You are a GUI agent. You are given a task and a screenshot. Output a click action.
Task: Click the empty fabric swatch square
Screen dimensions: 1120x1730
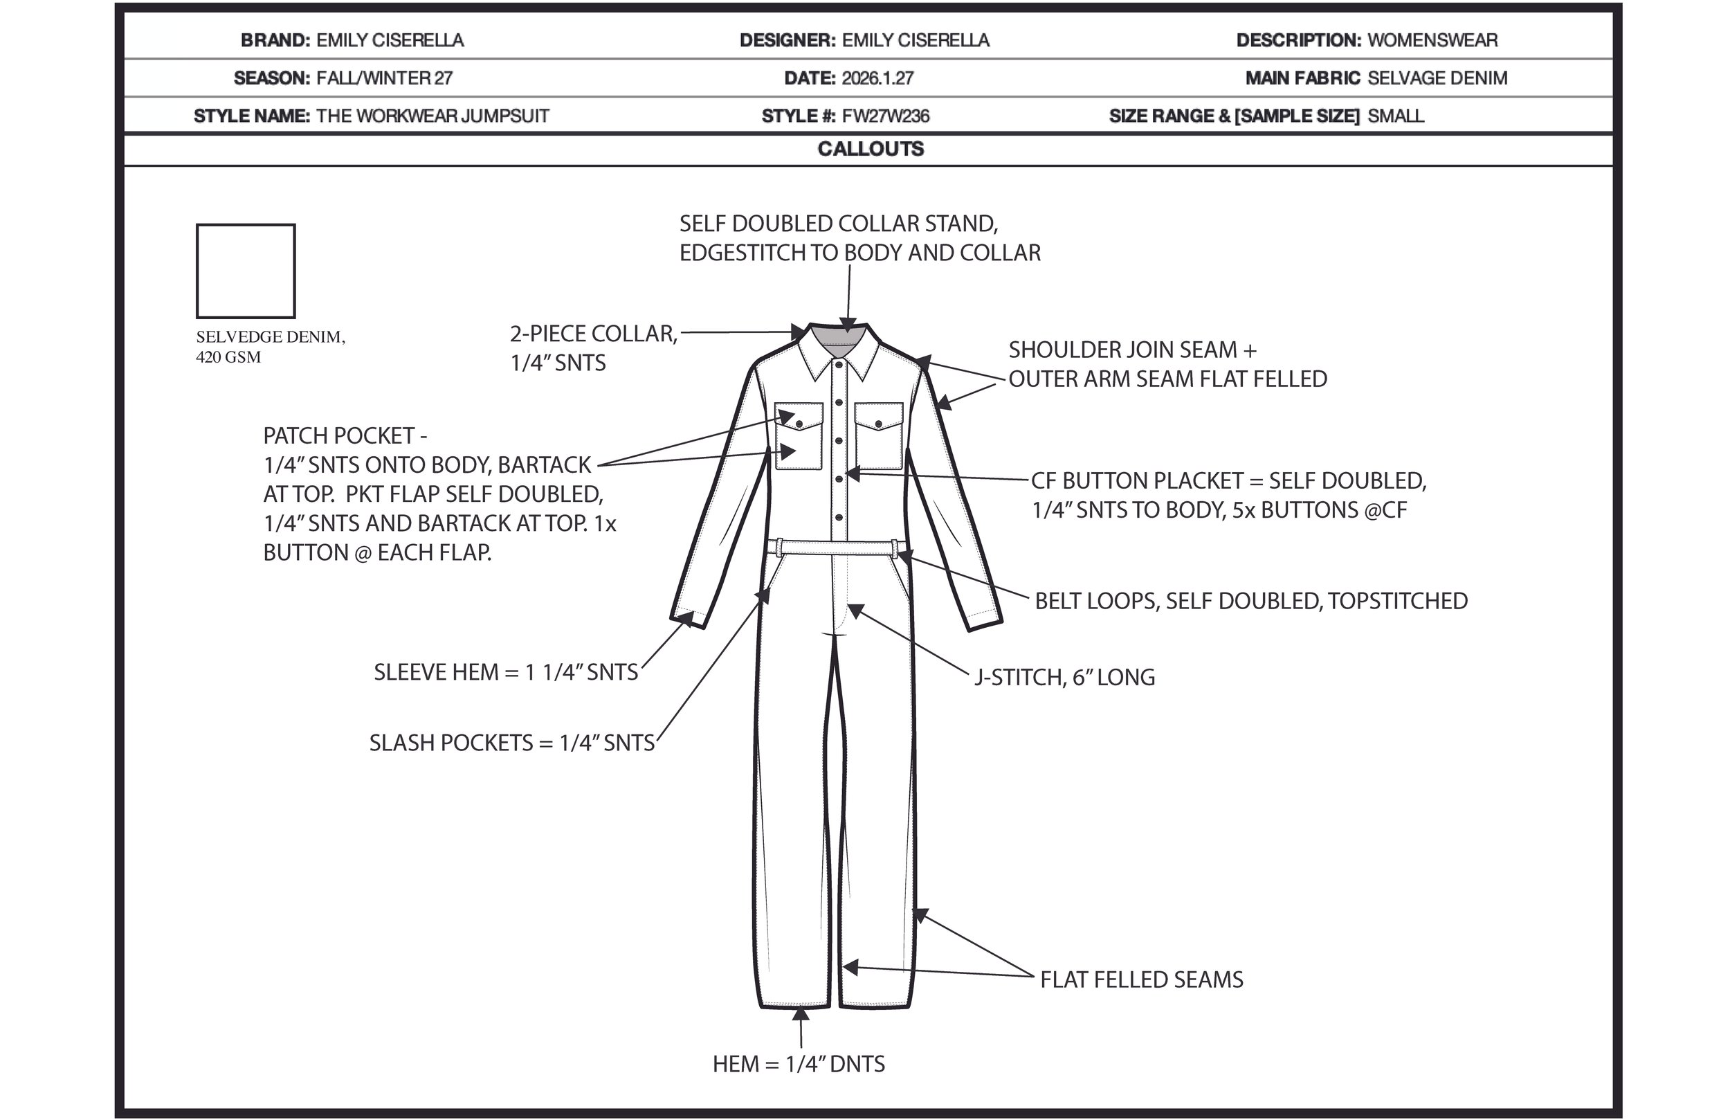coord(245,271)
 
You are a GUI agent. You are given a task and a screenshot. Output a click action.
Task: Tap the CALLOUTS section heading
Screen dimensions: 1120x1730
coord(870,149)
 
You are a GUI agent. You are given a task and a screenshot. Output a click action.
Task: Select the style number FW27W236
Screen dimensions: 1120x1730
coord(885,116)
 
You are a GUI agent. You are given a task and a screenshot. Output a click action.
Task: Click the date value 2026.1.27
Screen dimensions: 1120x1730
coord(877,78)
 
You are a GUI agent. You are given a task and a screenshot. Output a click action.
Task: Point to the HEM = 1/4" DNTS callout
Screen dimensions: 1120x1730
coord(798,1064)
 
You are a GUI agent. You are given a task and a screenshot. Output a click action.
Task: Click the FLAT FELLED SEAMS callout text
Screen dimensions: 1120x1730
coord(1141,979)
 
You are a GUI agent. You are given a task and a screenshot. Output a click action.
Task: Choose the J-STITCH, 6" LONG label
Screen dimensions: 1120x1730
coord(1064,677)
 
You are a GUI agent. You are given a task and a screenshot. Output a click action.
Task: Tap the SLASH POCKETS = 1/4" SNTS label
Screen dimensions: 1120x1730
coord(511,743)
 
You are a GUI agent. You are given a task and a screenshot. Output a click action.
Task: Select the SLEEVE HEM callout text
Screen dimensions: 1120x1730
coord(505,672)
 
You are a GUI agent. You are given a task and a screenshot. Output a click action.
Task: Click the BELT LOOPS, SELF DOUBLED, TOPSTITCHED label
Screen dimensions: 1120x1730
coord(1250,601)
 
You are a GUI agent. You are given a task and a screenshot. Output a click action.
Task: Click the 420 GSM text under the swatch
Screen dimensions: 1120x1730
coord(228,357)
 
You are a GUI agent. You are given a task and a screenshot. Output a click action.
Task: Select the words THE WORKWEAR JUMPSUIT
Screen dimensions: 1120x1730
coord(432,116)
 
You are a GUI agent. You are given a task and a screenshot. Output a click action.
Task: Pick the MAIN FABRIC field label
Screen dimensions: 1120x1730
coord(1302,78)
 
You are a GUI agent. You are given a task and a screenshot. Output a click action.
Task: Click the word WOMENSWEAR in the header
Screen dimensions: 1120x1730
coord(1432,41)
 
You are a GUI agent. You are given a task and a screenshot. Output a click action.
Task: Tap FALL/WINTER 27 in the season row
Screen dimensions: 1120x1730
coord(385,78)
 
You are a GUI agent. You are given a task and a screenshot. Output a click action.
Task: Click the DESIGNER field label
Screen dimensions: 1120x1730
coord(787,41)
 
